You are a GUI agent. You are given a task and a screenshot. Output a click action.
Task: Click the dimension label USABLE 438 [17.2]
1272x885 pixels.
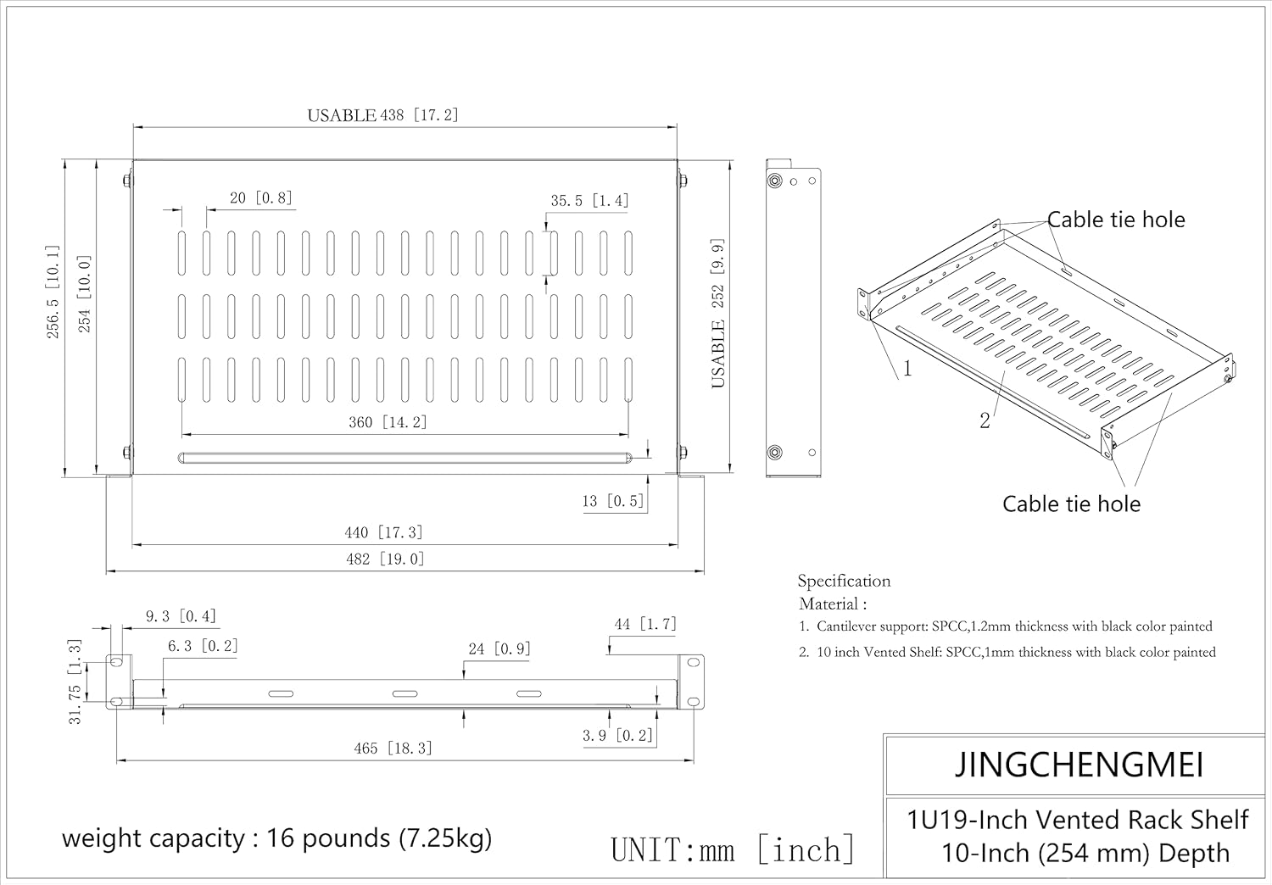(382, 115)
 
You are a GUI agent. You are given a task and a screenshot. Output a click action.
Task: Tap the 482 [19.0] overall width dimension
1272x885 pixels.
(385, 559)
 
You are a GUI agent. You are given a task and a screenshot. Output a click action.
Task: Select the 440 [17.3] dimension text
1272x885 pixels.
(384, 532)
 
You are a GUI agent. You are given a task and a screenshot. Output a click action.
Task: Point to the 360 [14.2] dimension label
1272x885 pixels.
(388, 422)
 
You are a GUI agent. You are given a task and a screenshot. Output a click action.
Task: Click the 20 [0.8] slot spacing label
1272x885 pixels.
(260, 198)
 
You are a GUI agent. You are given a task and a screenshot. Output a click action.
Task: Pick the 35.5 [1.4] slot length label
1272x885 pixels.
(589, 201)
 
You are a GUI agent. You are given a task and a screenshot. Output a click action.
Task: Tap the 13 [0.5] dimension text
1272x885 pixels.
(613, 501)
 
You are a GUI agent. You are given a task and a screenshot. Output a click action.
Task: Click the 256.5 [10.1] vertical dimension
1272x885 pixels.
(53, 292)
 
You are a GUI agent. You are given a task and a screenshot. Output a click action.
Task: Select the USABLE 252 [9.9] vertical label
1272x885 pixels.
(718, 314)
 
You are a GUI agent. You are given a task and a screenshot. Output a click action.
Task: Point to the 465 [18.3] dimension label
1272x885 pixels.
(393, 749)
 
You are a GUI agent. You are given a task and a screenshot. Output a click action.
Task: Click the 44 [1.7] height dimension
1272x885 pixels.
(645, 625)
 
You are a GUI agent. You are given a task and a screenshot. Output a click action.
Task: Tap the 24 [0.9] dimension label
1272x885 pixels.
(499, 648)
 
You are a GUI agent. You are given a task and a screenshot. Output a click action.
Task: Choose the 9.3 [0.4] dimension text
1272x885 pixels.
(181, 616)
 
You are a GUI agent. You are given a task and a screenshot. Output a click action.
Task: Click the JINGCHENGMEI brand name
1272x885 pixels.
(1079, 765)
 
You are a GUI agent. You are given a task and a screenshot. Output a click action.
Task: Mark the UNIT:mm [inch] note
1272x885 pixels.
(733, 850)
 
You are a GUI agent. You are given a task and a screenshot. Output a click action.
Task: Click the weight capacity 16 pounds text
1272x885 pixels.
(276, 838)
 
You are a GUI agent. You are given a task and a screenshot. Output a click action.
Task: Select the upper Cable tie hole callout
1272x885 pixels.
(1116, 220)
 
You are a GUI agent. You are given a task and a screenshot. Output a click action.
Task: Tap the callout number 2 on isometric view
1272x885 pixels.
(985, 420)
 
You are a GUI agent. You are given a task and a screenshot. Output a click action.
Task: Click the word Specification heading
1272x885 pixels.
(844, 582)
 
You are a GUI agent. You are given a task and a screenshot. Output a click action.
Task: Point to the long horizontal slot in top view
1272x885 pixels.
(405, 458)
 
